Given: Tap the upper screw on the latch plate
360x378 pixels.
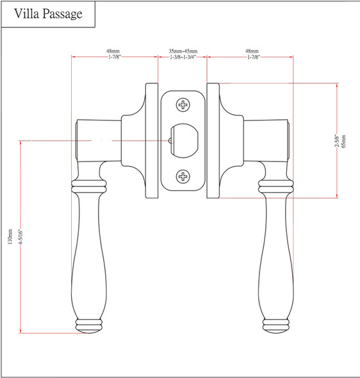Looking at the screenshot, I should coord(183,105).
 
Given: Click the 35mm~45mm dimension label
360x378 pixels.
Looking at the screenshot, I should coord(183,50).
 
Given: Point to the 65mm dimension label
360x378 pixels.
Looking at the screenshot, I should coord(343,141).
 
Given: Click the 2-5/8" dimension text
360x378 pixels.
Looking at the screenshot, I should coord(336,141).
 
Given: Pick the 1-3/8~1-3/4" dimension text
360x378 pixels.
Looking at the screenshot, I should coord(183,58).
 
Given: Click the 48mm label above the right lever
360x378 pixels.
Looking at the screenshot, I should coord(252,50).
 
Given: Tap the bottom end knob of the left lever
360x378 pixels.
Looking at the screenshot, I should coord(89,325).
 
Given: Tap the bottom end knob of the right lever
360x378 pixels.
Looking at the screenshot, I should coord(277,325).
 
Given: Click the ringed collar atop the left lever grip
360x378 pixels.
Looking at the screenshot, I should coord(88,186).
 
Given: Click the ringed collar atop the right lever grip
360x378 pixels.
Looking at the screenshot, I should coord(277,186).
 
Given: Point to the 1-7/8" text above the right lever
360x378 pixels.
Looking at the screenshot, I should coord(252,58).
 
